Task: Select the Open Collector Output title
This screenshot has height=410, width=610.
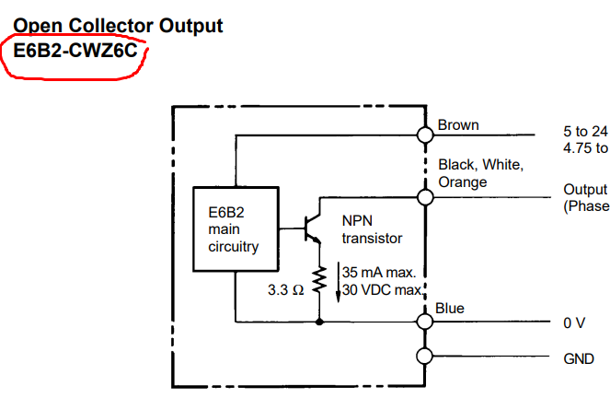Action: point(119,25)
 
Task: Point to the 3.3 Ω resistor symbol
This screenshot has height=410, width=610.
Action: point(319,282)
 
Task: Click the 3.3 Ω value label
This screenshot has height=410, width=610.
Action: point(286,288)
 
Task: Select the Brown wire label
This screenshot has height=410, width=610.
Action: point(458,125)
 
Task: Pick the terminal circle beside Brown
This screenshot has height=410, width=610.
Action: point(425,135)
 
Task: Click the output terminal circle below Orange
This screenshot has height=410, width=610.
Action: point(425,197)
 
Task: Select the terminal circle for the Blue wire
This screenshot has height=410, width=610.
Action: point(425,321)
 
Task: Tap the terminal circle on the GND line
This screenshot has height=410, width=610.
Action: point(425,357)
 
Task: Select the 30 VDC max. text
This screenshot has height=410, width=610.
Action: point(382,290)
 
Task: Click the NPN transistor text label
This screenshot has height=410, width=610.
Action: point(372,229)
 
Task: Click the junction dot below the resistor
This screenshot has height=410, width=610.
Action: point(319,322)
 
